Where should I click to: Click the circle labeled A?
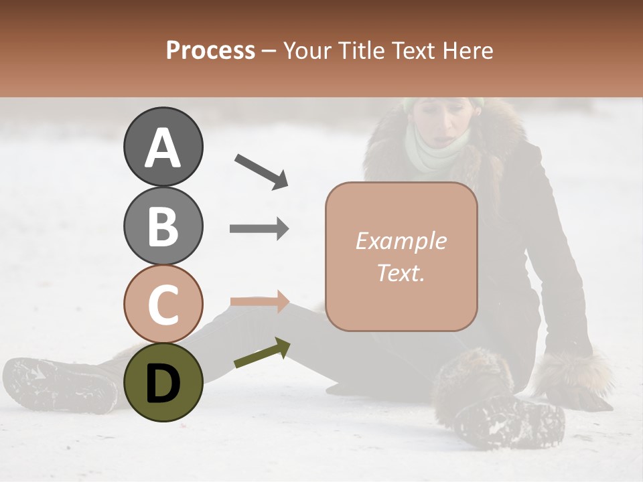coord(163,147)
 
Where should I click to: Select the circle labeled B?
coord(163,226)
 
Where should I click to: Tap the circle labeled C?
coord(163,304)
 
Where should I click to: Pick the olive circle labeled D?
coord(163,382)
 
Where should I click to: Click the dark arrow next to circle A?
coord(261,171)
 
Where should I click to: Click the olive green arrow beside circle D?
coord(262,353)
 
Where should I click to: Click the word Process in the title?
coord(210,50)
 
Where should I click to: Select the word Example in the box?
coord(401,241)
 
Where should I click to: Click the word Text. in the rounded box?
coord(401,272)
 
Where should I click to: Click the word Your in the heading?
coord(306,50)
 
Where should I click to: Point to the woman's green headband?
coord(442,102)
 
